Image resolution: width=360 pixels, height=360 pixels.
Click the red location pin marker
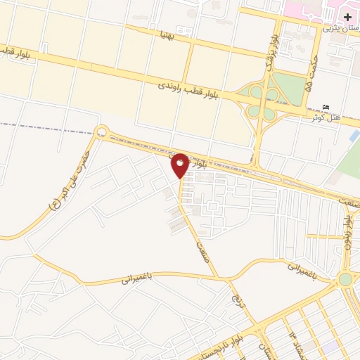180,165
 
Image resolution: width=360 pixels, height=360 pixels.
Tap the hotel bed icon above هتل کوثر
325,107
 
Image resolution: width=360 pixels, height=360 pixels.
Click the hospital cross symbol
348,16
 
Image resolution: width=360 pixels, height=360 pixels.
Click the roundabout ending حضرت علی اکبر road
102,131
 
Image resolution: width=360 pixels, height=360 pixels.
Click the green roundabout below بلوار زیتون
345,279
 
